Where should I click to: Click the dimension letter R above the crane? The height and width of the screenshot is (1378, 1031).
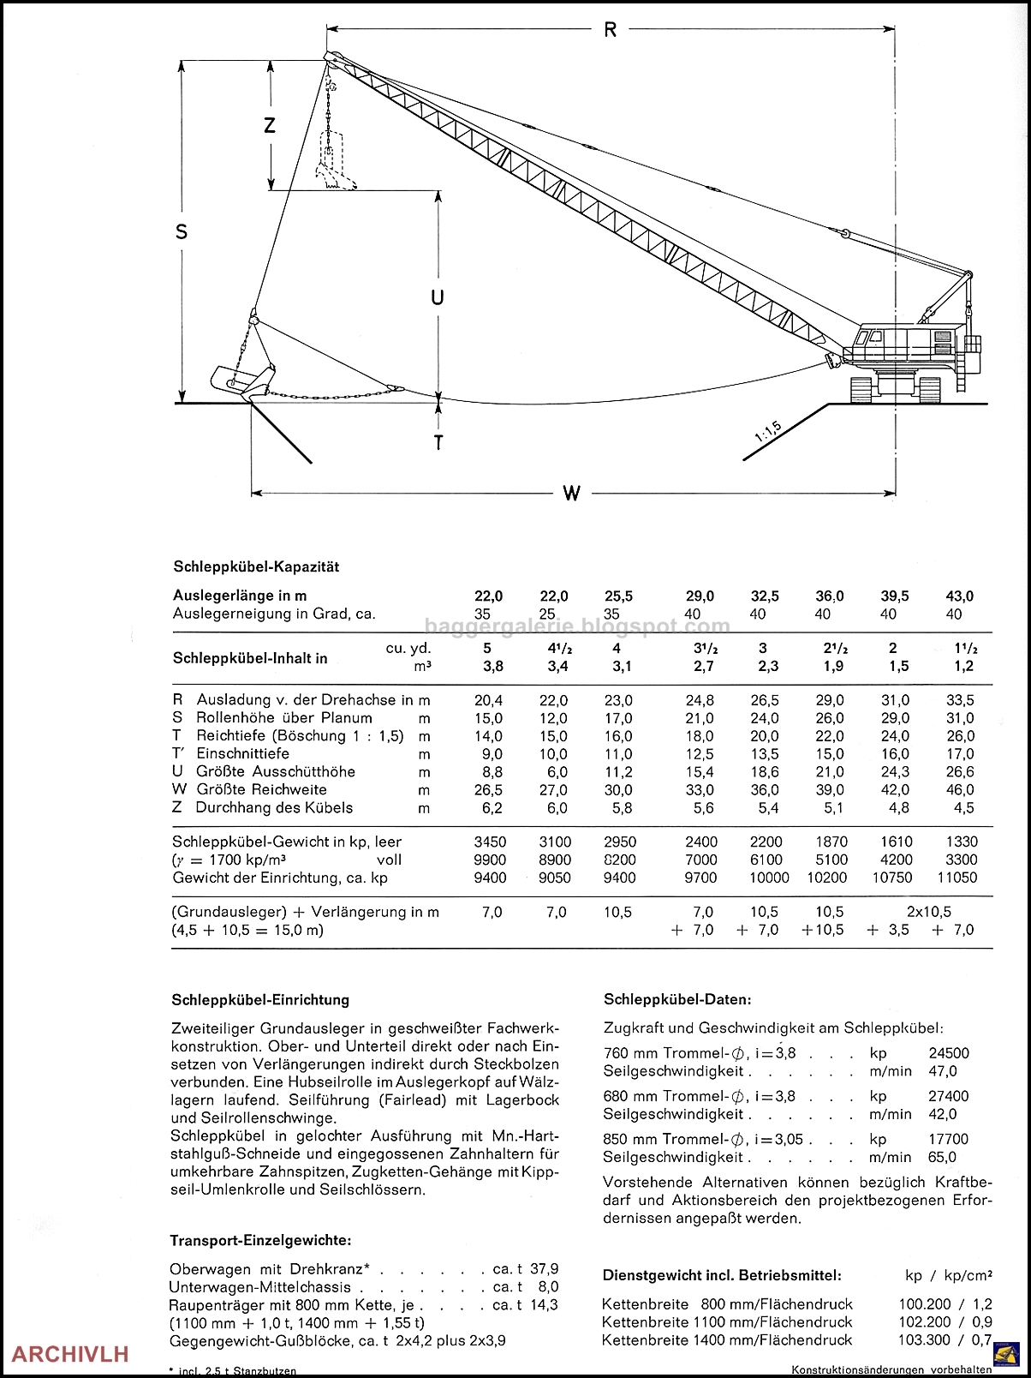[x=610, y=30]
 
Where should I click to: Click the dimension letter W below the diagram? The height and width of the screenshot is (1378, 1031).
[x=571, y=493]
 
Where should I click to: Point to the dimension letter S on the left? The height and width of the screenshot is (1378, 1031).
[x=182, y=231]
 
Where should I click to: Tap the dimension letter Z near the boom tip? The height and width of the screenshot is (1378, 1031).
[x=270, y=125]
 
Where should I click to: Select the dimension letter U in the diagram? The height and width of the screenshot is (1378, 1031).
[x=438, y=297]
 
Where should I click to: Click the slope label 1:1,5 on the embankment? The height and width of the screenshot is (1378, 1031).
[x=768, y=432]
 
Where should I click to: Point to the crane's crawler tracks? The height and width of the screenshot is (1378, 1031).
[x=895, y=390]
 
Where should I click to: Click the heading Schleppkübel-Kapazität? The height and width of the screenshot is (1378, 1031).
[x=256, y=566]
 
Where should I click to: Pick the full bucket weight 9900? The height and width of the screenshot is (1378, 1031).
[x=490, y=860]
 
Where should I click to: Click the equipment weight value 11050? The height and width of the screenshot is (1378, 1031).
[x=957, y=878]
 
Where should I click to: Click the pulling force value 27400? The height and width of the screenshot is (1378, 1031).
[x=949, y=1096]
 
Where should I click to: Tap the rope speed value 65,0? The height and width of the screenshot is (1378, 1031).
[x=943, y=1157]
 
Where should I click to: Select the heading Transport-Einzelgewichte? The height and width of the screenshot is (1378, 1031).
[x=260, y=1240]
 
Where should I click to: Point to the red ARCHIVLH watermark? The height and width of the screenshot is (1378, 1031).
[x=70, y=1354]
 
